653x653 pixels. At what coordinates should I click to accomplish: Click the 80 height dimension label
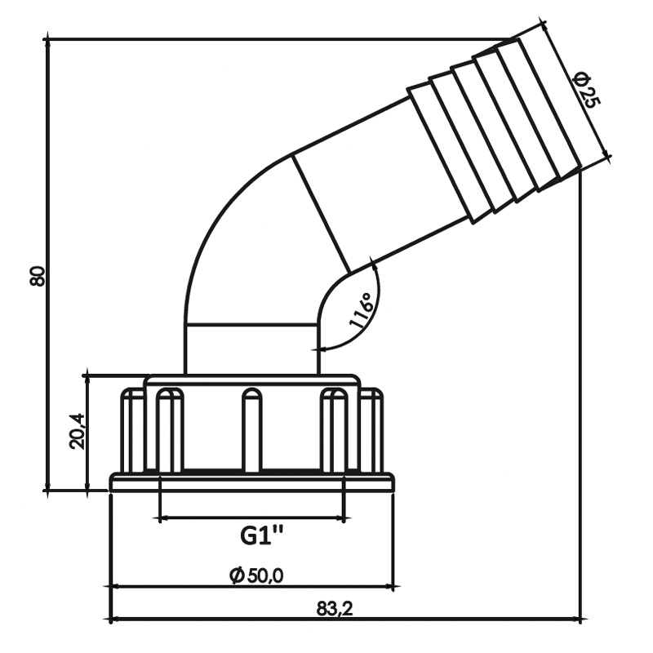click(37, 276)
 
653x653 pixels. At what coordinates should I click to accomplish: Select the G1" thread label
click(262, 536)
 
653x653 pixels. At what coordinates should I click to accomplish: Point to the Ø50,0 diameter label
click(257, 575)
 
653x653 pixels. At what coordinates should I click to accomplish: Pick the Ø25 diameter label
click(586, 90)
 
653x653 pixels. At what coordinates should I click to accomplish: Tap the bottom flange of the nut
click(253, 483)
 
